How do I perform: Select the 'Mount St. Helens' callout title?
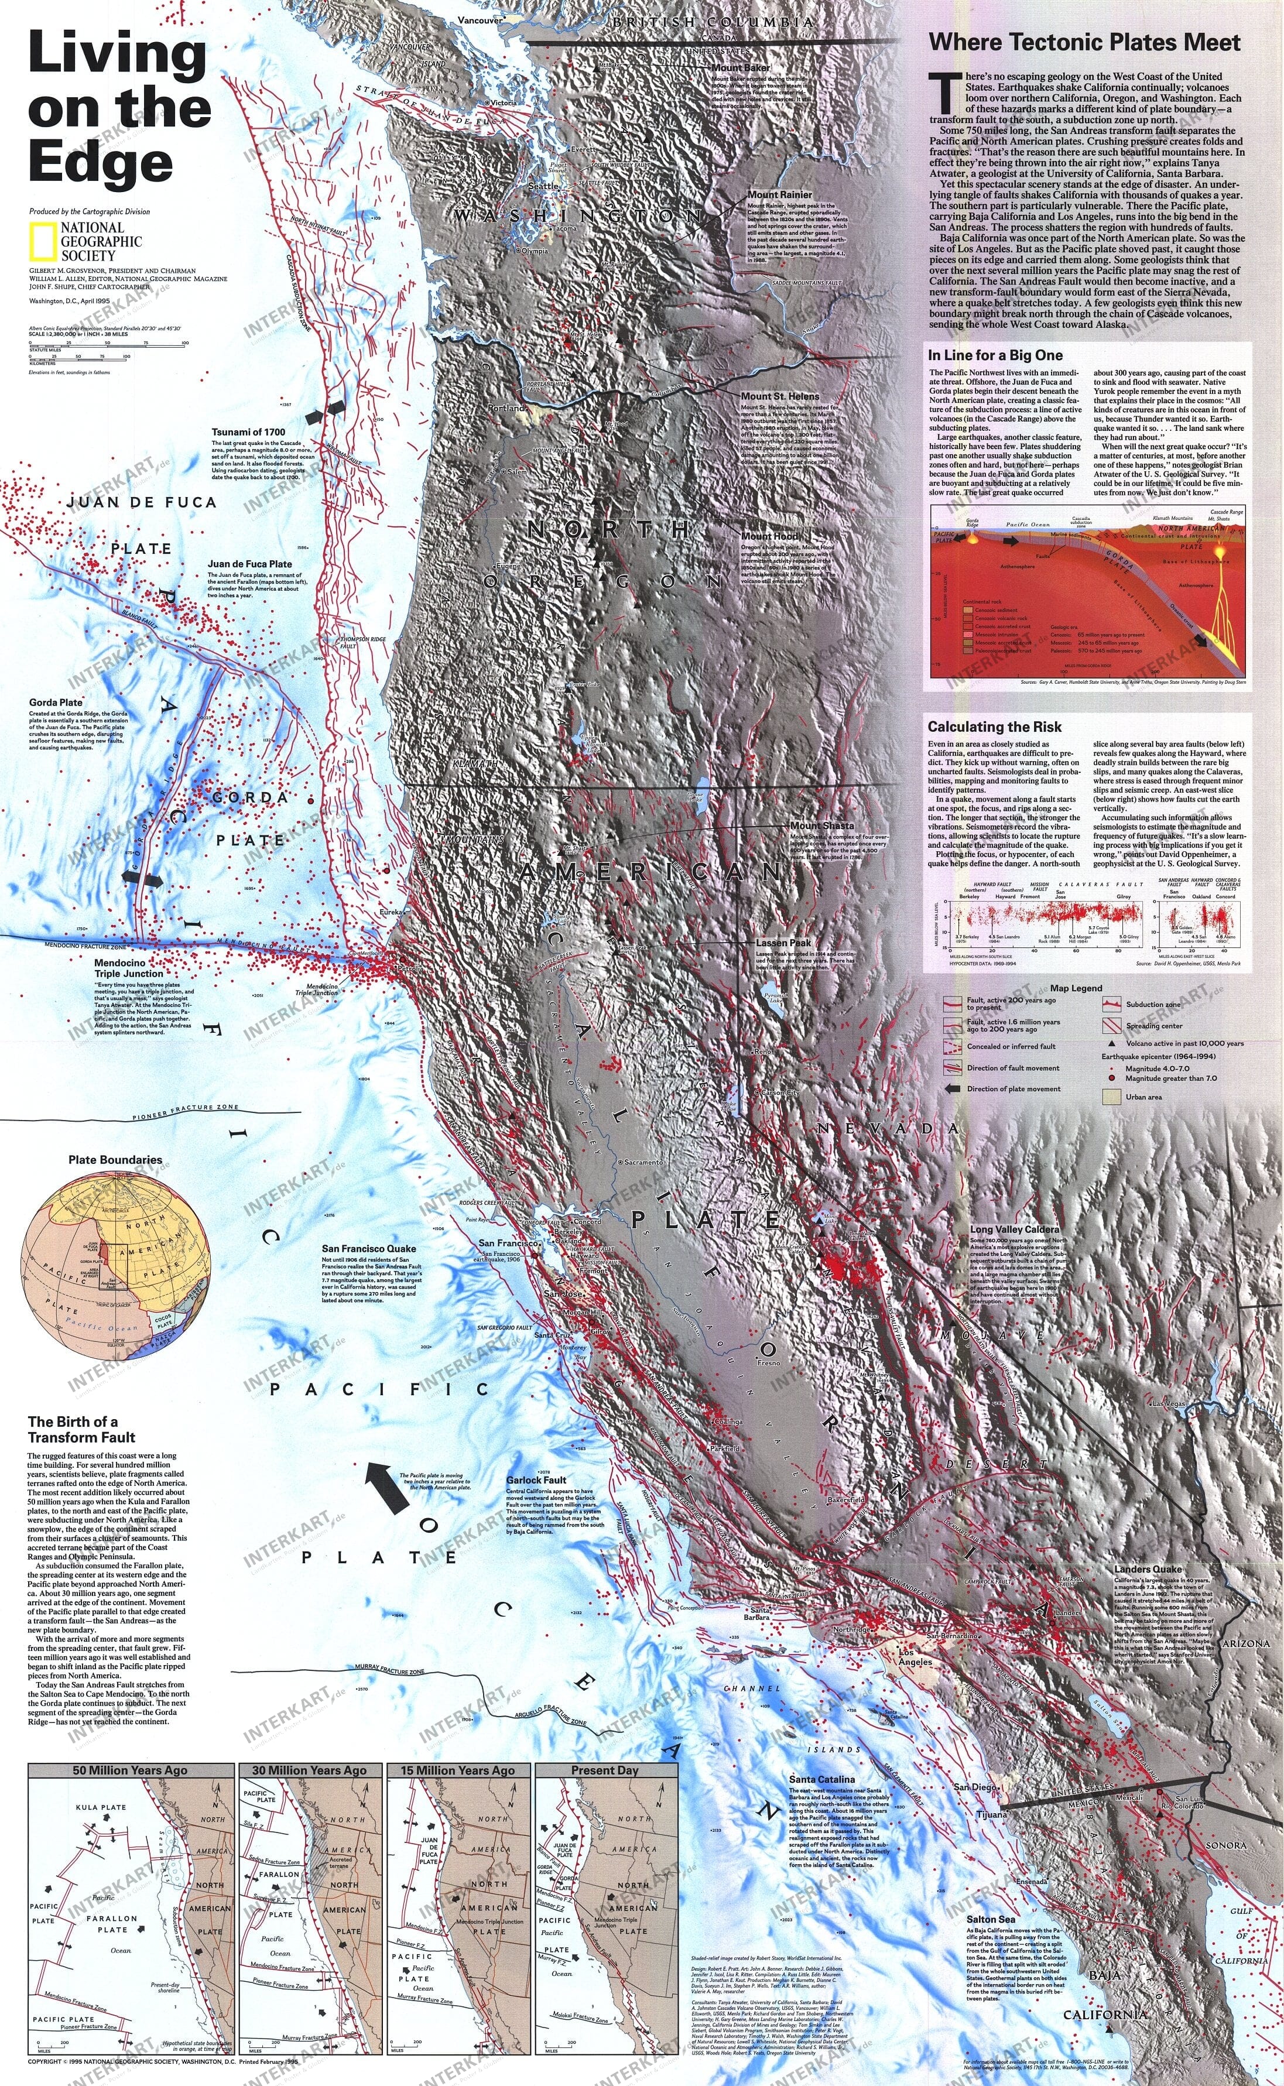[x=779, y=396]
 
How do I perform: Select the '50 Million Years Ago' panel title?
[x=130, y=1770]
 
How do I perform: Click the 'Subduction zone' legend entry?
[x=1154, y=1005]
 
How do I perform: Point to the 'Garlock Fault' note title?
[x=536, y=1481]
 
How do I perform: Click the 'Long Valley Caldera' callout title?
[x=1014, y=1229]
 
